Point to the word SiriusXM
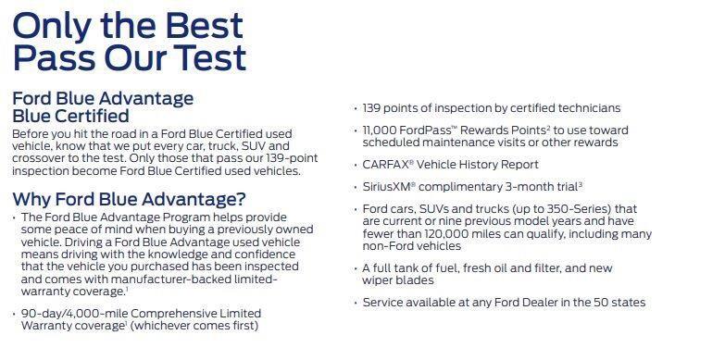coord(387,187)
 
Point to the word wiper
coord(376,280)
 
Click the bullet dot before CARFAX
coord(356,165)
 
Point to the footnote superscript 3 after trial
coord(581,184)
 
